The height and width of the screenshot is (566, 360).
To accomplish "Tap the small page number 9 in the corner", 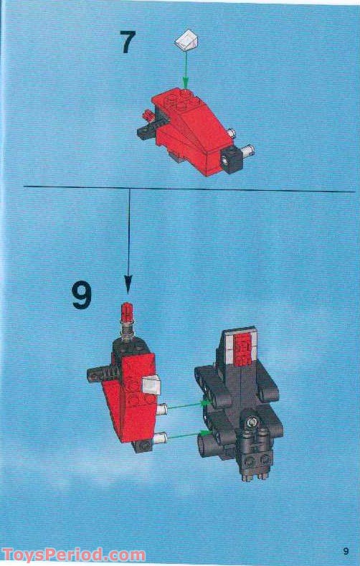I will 346,550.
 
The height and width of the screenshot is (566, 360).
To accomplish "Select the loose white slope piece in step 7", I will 185,40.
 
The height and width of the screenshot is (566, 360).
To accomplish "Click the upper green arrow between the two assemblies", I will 186,406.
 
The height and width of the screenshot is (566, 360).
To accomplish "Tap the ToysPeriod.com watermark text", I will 73,555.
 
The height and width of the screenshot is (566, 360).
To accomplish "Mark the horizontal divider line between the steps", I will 179,188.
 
